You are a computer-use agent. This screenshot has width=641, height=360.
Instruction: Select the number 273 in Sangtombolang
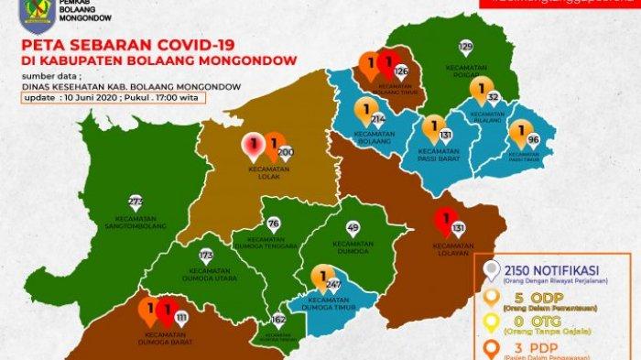136,201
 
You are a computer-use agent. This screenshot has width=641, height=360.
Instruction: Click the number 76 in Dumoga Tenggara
273,224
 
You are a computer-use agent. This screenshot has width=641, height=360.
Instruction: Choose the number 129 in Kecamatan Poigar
465,46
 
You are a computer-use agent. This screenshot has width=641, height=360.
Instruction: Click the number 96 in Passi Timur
534,140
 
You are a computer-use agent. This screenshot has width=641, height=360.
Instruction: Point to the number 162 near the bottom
278,320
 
